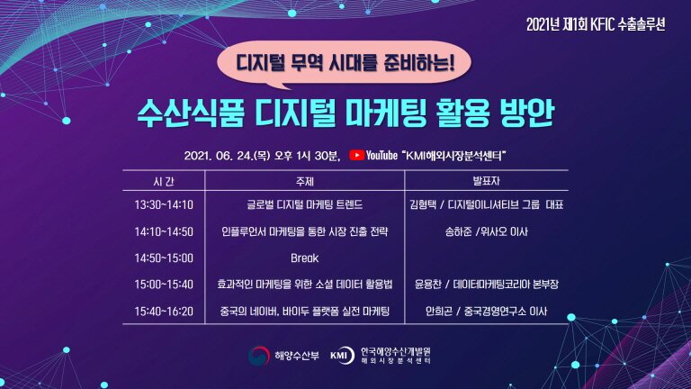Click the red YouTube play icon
coord(356,155)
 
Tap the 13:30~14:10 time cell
coord(164,204)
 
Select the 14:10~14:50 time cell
coord(164,231)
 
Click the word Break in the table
coord(304,258)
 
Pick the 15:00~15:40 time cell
coord(164,285)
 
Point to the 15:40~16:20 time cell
coord(164,312)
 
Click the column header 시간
coord(164,181)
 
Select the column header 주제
coord(304,181)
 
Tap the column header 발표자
coord(486,181)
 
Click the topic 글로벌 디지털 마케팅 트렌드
coord(304,204)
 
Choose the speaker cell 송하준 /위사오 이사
coord(486,231)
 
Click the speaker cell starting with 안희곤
coord(486,312)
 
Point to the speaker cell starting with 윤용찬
coord(486,285)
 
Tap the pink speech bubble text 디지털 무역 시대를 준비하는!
coord(345,63)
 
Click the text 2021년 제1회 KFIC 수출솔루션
coord(596,24)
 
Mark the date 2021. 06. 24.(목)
coord(227,156)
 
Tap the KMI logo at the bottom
coord(343,356)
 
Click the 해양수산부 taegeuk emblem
coord(259,356)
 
